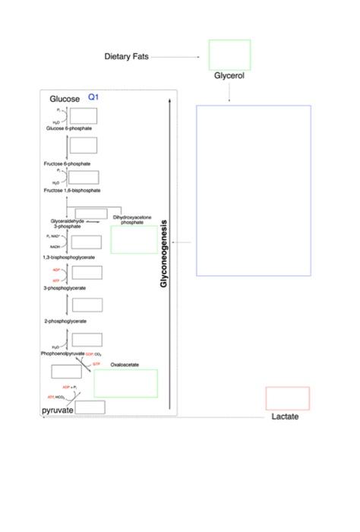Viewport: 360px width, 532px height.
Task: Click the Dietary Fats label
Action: pos(126,57)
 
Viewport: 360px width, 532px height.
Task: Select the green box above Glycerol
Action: pos(229,54)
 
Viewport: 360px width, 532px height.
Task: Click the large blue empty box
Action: pos(254,190)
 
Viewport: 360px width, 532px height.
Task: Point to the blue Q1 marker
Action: pos(93,97)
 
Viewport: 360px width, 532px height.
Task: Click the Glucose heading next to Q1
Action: pos(65,100)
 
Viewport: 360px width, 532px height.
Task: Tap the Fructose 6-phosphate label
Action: pos(67,163)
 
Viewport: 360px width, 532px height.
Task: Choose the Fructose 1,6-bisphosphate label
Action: pos(72,190)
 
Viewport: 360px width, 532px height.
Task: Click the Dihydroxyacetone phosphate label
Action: pos(132,220)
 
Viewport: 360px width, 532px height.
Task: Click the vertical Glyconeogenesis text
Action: pos(164,254)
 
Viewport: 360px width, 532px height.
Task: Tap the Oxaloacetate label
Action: pos(125,365)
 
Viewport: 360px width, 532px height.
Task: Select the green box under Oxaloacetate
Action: pos(125,383)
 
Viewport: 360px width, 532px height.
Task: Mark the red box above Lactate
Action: pos(287,398)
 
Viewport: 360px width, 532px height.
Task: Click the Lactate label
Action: pos(286,416)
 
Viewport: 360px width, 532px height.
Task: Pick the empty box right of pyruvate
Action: pos(90,407)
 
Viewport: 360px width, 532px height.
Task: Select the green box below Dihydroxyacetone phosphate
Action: pos(134,239)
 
